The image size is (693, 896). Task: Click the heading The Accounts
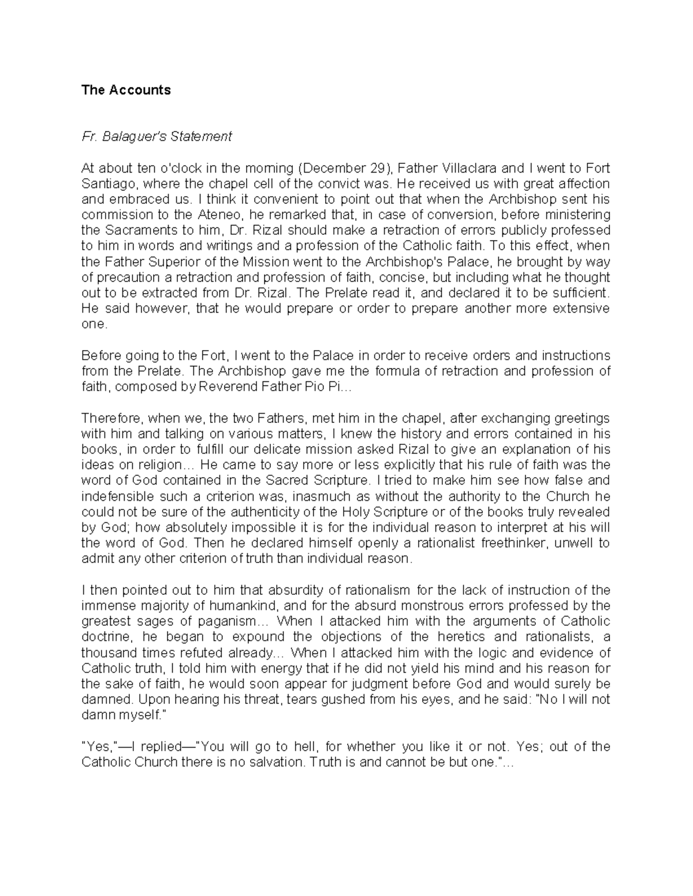(126, 90)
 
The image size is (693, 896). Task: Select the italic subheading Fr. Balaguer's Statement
(157, 137)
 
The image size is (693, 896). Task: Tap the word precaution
(123, 278)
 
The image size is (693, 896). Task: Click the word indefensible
(117, 497)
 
